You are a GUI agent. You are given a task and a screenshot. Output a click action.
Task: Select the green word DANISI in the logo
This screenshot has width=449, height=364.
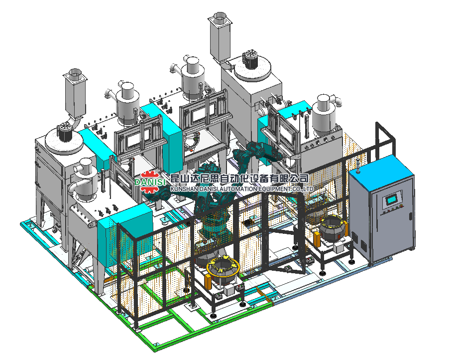pyautogui.click(x=150, y=182)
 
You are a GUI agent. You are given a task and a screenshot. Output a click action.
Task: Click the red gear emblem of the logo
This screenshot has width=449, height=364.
pyautogui.click(x=150, y=182)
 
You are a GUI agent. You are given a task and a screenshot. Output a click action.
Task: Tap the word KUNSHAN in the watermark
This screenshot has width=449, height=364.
pyautogui.click(x=181, y=189)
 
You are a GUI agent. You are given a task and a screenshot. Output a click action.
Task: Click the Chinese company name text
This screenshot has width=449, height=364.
pyautogui.click(x=239, y=179)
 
